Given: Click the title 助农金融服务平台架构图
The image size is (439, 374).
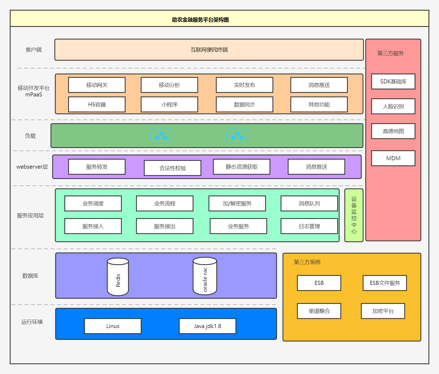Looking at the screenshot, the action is coord(200,20).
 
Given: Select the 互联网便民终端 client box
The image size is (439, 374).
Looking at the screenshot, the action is coord(209,50).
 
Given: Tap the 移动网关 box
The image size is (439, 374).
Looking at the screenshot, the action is coord(97,85).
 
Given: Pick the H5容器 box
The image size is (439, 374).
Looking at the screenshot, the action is coord(97,105).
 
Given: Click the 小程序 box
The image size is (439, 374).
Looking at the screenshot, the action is coord(169,105).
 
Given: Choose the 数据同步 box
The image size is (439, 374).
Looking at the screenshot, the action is coord(245,105).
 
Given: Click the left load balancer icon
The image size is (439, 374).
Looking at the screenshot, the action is coord(161,136).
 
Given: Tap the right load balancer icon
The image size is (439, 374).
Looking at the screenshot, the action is coord(237,136).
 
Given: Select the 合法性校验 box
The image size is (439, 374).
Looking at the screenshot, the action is coord(173,168).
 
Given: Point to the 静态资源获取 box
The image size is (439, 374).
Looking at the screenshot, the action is coord(242,167).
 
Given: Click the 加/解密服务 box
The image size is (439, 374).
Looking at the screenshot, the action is coord(237,203).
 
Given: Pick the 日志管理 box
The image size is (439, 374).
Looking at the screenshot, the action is coord(309,226).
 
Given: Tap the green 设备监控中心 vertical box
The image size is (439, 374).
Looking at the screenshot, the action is coord(354,215).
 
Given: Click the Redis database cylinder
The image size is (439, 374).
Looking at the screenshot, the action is coord(118,277).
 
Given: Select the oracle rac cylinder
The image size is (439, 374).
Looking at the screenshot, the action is coord(205,276).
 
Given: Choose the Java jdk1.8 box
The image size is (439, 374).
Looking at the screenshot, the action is coord(207,326).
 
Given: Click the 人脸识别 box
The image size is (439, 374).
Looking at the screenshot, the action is coord(393,106).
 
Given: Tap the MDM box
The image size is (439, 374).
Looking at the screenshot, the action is coord(393,158).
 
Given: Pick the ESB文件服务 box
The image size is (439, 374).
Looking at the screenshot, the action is coord(385,283).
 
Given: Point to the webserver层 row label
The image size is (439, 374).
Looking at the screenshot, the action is coord(32,167).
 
